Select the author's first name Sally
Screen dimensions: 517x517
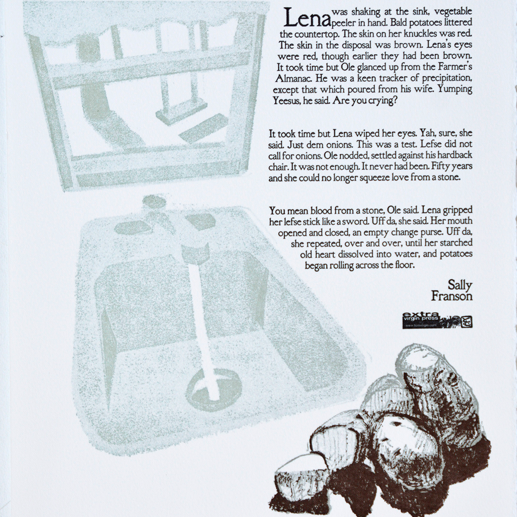coord(460,286)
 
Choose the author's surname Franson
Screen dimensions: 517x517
coord(452,296)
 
